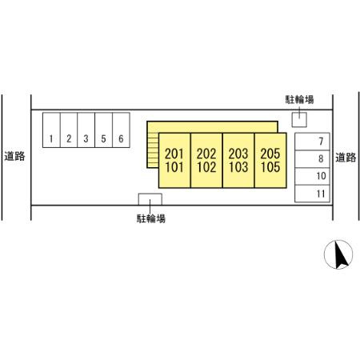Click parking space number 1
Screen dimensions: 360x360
[51, 130]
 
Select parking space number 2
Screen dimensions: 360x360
[69, 130]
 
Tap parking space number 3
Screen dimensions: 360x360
[86, 130]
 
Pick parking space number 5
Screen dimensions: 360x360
[104, 130]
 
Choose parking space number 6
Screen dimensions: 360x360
[122, 130]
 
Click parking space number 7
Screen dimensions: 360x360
[312, 142]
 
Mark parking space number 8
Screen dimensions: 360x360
[312, 159]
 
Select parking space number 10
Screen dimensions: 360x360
[312, 176]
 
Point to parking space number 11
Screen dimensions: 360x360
[312, 194]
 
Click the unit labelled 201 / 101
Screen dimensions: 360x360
[174, 160]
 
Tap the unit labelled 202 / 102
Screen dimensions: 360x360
[206, 160]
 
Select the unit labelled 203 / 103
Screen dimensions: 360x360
[238, 160]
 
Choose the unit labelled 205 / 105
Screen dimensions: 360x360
[270, 160]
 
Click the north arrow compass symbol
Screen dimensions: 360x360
[338, 254]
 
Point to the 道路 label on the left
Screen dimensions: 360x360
[14, 156]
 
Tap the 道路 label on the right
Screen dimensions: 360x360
[346, 158]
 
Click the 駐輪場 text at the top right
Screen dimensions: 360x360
[299, 99]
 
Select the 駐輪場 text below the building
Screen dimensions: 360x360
[151, 218]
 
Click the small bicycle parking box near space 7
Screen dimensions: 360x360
[299, 120]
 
